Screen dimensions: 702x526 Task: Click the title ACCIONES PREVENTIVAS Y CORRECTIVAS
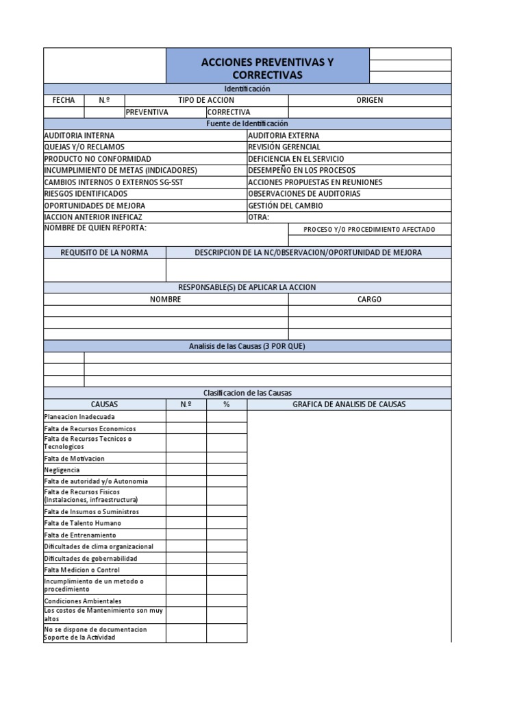click(x=267, y=69)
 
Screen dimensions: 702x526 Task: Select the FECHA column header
click(x=64, y=100)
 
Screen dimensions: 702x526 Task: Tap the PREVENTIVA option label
click(x=147, y=112)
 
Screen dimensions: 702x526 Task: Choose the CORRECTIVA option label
click(x=229, y=112)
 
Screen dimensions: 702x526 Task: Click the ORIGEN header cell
click(x=370, y=100)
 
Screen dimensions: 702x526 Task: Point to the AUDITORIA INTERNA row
click(x=79, y=136)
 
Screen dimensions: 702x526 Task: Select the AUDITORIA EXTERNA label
click(x=284, y=136)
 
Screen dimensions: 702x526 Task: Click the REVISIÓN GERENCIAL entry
click(x=284, y=147)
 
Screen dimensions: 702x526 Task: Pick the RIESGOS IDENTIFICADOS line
click(x=86, y=194)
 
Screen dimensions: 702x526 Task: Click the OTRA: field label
click(x=259, y=217)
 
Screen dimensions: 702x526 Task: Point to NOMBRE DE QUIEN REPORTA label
click(x=95, y=228)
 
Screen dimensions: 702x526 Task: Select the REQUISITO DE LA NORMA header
click(x=104, y=252)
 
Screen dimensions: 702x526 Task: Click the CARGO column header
click(x=370, y=300)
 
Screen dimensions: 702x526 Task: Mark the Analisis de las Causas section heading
click(x=247, y=346)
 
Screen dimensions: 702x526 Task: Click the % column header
click(x=227, y=404)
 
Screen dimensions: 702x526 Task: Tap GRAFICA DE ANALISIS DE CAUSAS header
click(x=349, y=404)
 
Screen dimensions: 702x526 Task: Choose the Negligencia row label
click(x=62, y=470)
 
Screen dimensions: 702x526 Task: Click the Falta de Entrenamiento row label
click(x=80, y=535)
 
